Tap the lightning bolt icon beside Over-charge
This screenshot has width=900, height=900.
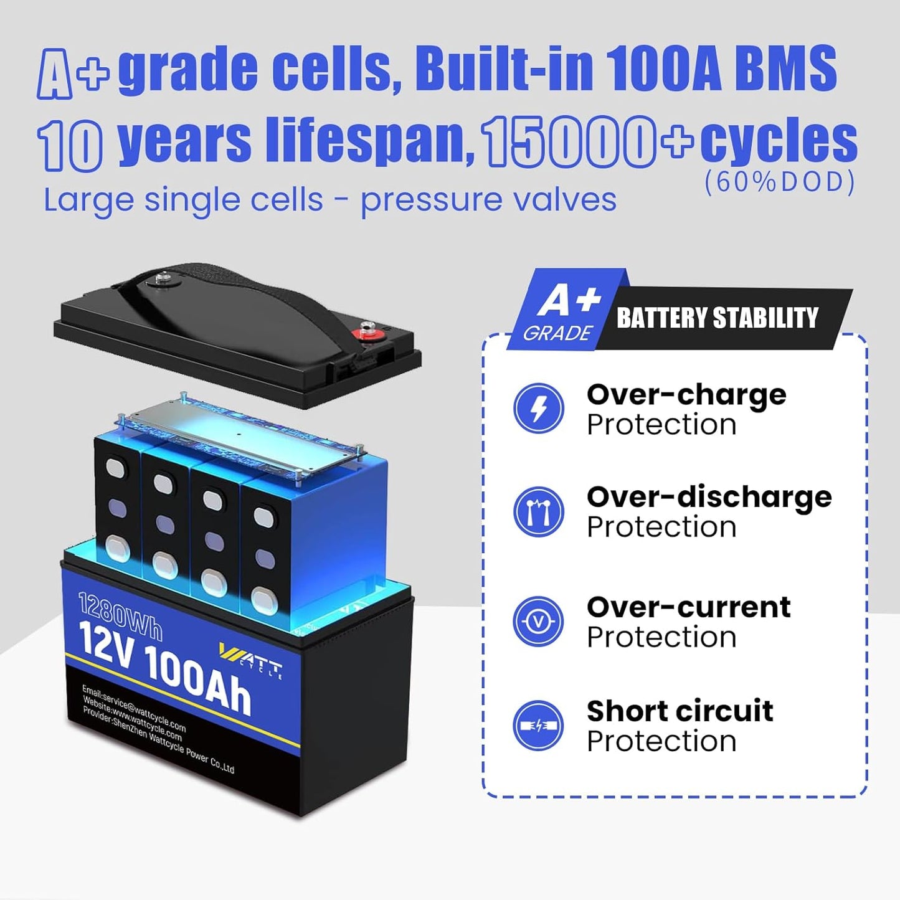tap(538, 408)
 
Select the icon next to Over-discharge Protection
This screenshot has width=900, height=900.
tap(538, 511)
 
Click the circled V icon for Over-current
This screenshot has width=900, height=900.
tap(538, 622)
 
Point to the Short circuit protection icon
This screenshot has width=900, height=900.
tap(538, 726)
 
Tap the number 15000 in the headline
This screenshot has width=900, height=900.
tap(569, 142)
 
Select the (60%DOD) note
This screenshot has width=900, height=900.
tap(780, 182)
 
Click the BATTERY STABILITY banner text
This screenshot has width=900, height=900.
tap(717, 318)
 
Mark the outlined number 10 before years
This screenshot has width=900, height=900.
tap(70, 144)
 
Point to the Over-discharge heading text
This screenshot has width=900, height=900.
tap(709, 497)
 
